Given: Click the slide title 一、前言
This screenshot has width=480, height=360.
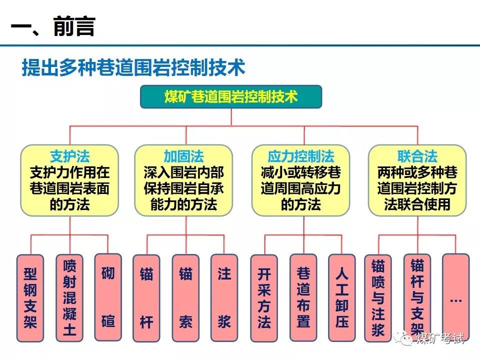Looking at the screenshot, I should (52, 26).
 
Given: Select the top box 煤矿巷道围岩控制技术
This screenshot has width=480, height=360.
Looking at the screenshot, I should (230, 97).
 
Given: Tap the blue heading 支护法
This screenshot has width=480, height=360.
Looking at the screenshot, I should (69, 155).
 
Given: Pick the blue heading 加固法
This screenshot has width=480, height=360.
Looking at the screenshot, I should (183, 155).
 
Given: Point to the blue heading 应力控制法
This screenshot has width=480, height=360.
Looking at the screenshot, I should (300, 155).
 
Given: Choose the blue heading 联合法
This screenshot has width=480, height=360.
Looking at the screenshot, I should (417, 155).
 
